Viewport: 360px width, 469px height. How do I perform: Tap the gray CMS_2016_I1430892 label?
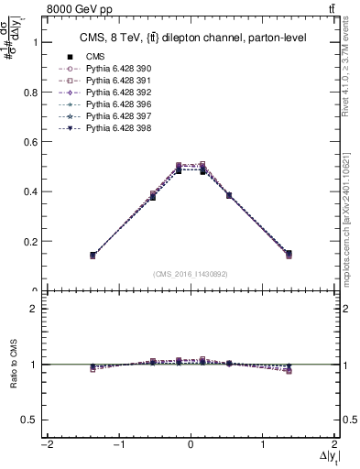(x=190, y=273)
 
